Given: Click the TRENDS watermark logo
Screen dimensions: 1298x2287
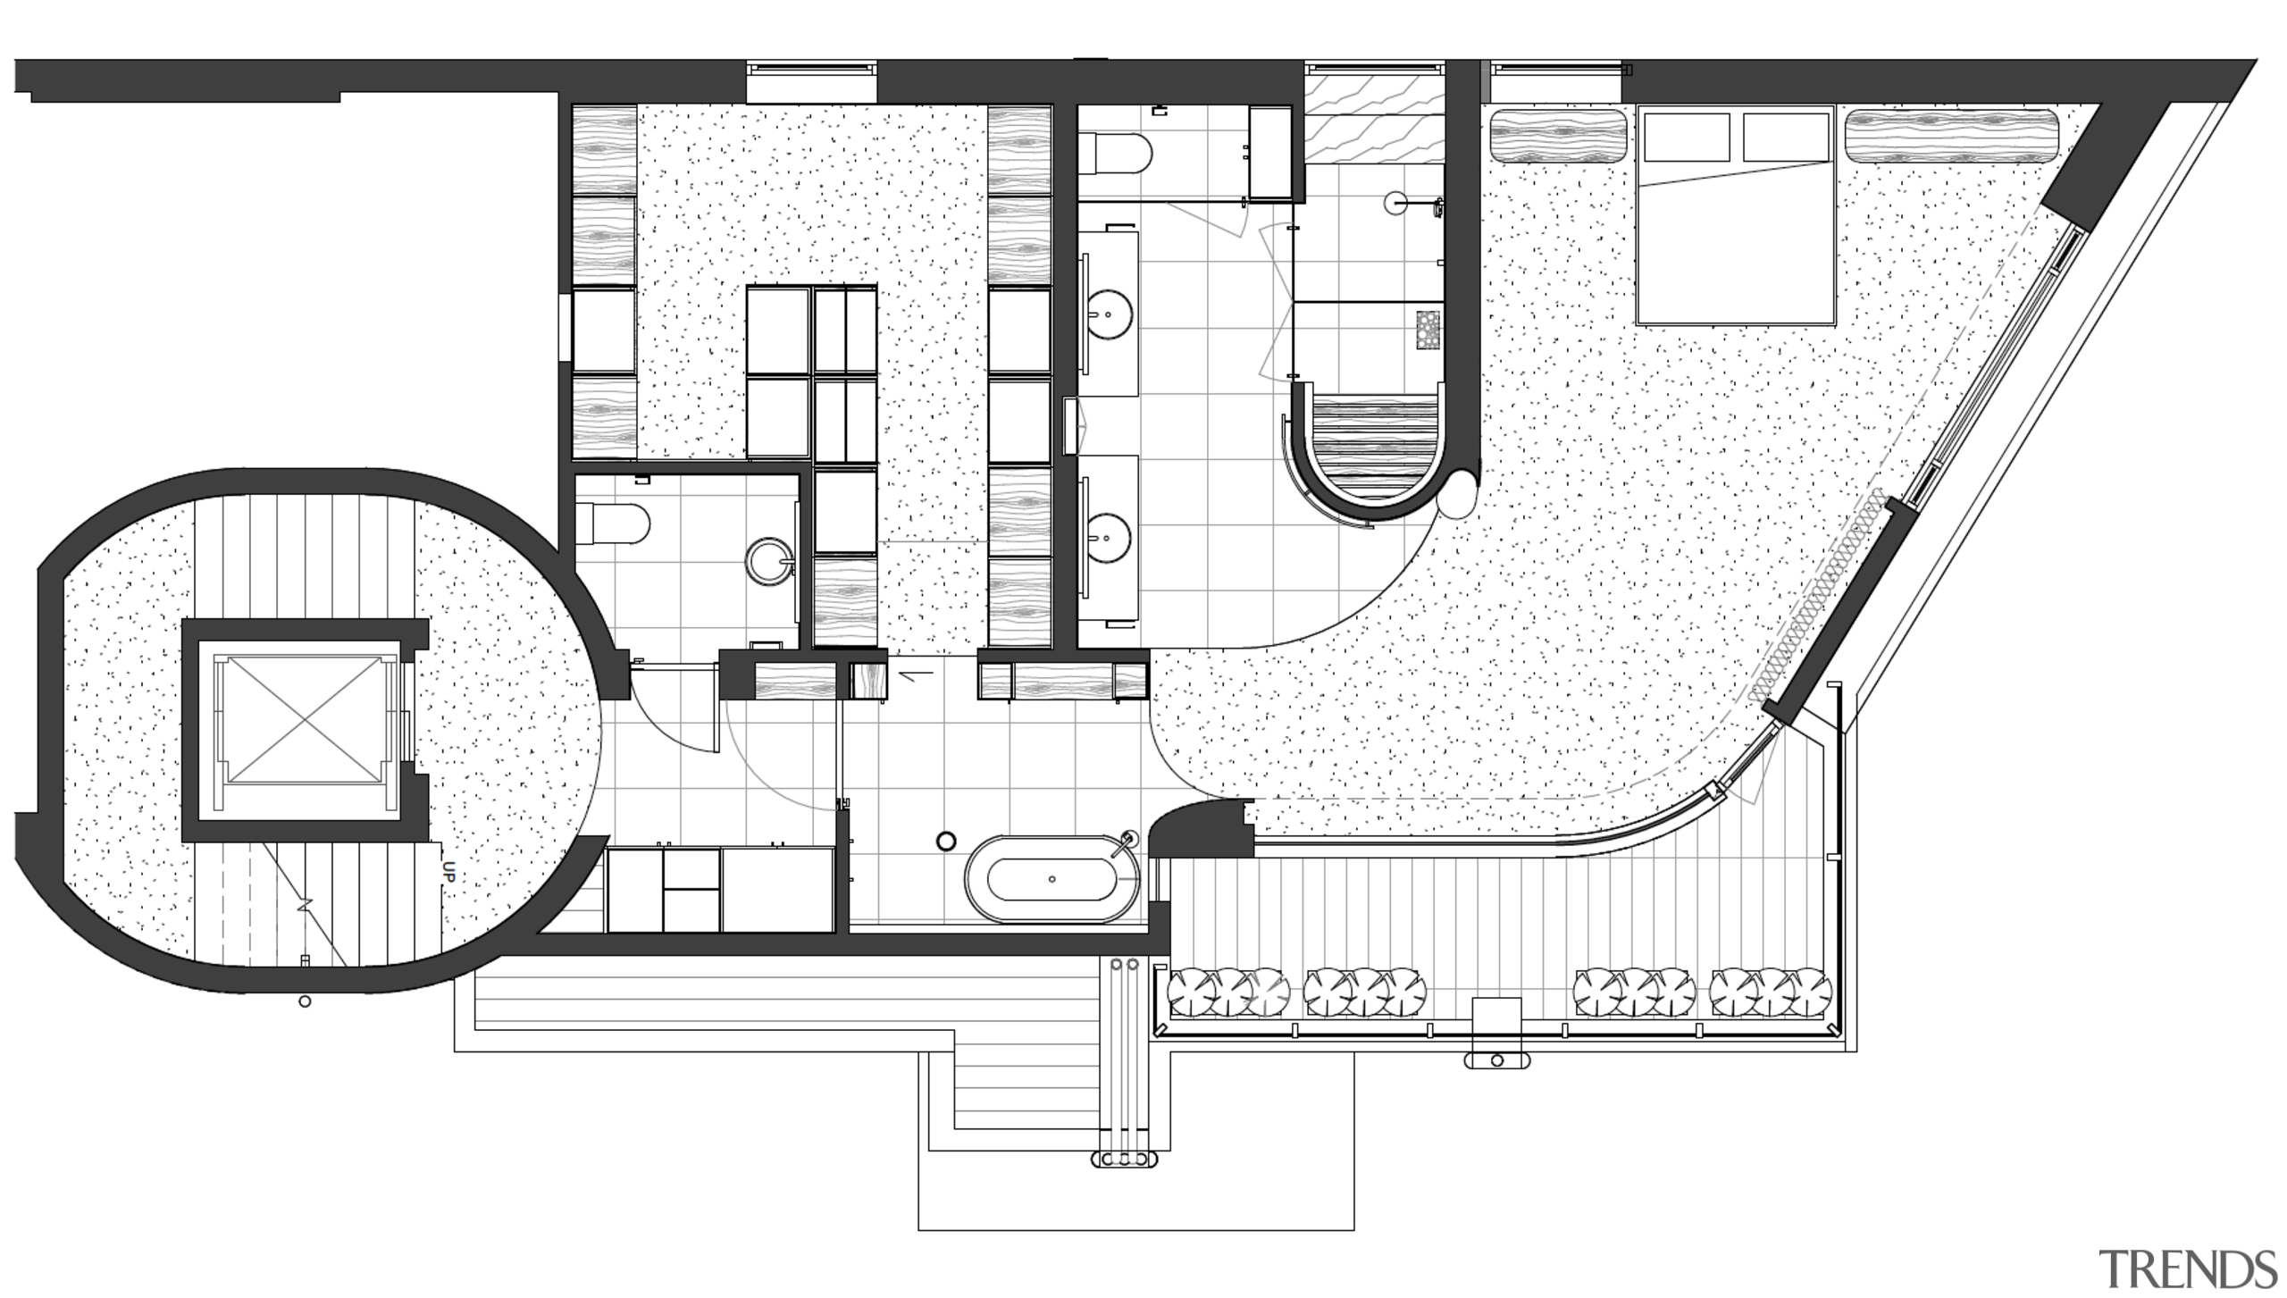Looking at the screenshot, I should [x=2188, y=1269].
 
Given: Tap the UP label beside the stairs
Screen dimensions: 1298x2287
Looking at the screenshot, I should [x=449, y=872].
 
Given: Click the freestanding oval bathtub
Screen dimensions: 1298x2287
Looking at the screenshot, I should [x=1051, y=879].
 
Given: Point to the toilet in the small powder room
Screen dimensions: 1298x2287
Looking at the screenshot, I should [x=615, y=523].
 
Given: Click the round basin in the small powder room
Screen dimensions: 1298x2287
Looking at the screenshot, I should [x=769, y=561].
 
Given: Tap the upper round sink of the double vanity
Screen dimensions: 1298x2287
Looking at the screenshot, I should [x=1109, y=314].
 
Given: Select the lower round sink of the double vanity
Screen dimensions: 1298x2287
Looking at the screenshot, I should [x=1109, y=538].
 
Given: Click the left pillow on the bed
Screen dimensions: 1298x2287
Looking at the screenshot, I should [x=1686, y=137].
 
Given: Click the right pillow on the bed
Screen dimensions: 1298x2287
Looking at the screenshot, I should [x=1785, y=137].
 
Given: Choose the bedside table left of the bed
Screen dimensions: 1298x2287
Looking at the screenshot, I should [x=1557, y=136].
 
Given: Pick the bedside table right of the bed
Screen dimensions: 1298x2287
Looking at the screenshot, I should [x=1951, y=136].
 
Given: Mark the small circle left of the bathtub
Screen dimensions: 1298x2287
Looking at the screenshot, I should [x=946, y=841].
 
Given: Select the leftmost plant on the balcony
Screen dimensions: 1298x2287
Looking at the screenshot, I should [x=1191, y=992].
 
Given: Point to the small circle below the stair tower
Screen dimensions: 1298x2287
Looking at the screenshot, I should [x=305, y=1001].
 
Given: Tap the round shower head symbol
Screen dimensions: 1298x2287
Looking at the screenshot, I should [x=1395, y=203].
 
